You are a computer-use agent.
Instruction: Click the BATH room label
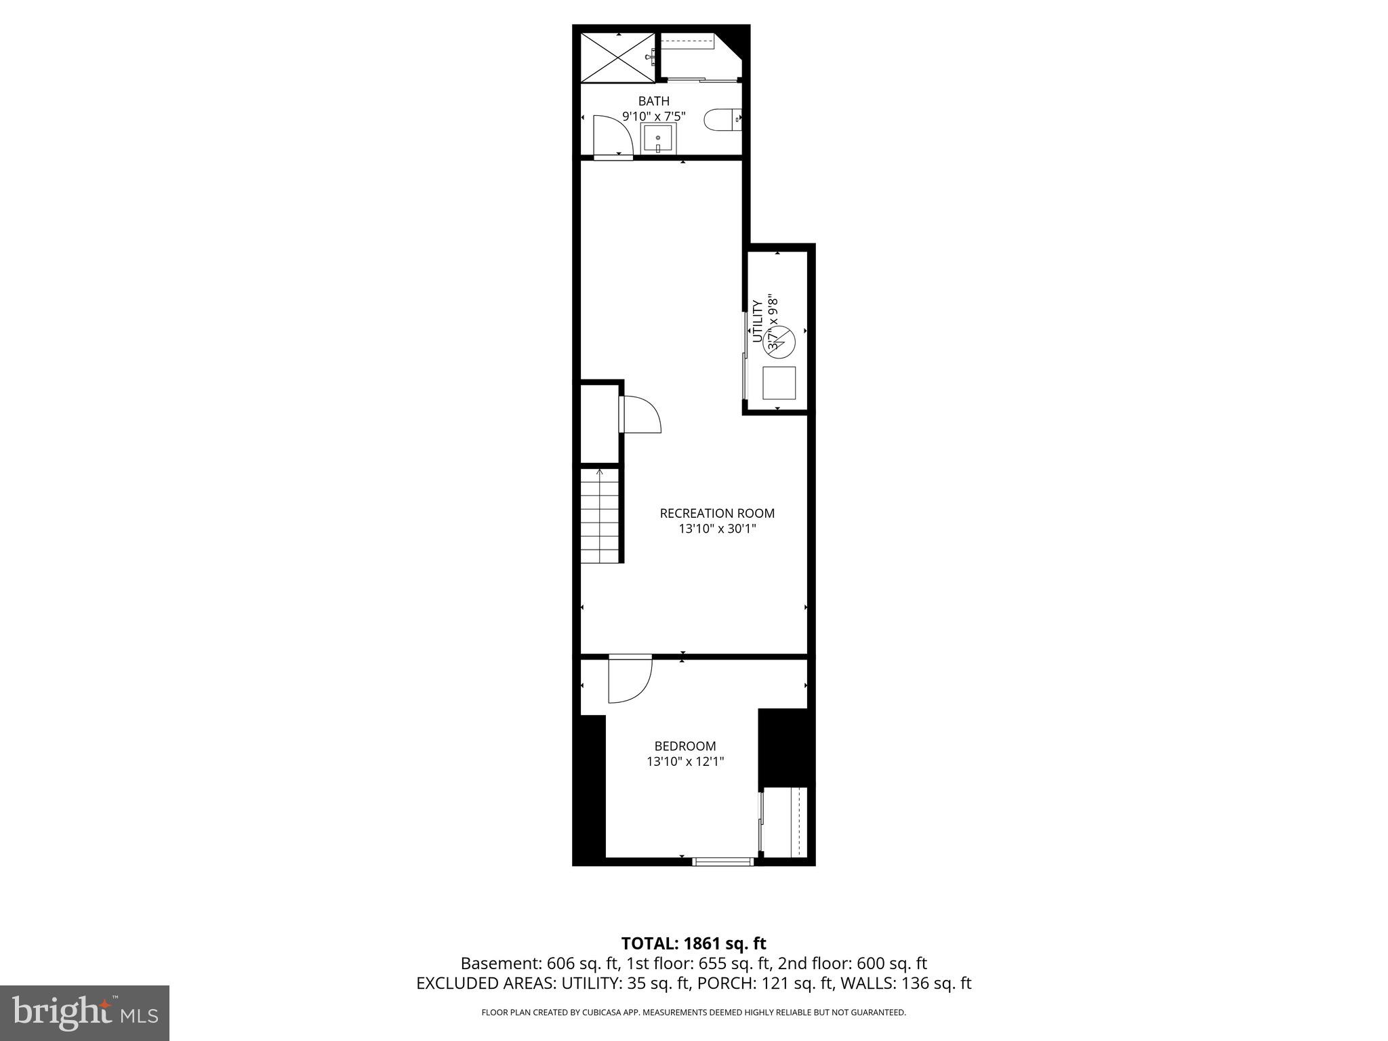pyautogui.click(x=653, y=102)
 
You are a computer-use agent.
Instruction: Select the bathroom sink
pyautogui.click(x=658, y=140)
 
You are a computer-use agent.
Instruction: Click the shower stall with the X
pyautogui.click(x=617, y=57)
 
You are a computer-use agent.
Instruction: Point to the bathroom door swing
pyautogui.click(x=613, y=136)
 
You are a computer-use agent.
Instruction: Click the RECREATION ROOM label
pyautogui.click(x=717, y=513)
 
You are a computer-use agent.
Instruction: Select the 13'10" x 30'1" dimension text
pyautogui.click(x=717, y=529)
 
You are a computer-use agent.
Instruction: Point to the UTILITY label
pyautogui.click(x=758, y=321)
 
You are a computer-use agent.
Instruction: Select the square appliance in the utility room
pyautogui.click(x=779, y=383)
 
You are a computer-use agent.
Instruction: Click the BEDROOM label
pyautogui.click(x=685, y=746)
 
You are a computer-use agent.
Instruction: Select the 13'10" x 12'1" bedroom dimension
pyautogui.click(x=685, y=762)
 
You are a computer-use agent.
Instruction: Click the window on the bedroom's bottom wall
pyautogui.click(x=723, y=861)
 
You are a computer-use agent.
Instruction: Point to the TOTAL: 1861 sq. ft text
pyautogui.click(x=693, y=943)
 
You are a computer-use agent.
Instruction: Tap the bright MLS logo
pyautogui.click(x=85, y=1013)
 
